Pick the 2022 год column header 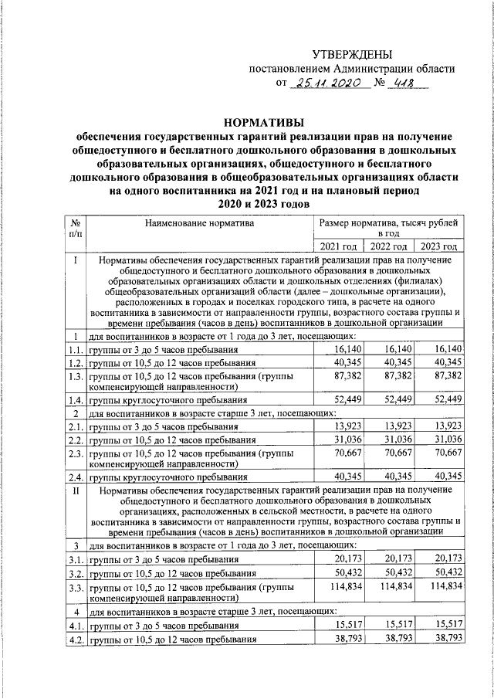coord(389,246)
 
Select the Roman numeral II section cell coord(74,490)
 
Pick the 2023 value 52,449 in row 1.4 coord(445,399)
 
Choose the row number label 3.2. coord(75,572)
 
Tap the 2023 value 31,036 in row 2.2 coord(445,439)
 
